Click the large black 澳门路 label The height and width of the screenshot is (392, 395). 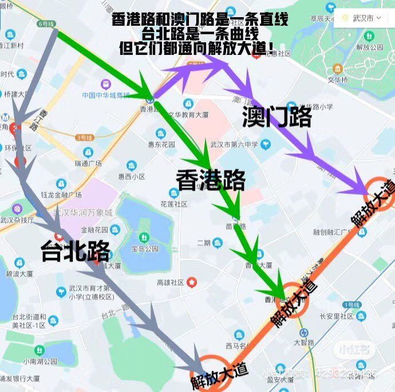276,117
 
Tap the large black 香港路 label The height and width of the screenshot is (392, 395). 211,180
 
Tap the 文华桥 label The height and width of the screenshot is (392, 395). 338,79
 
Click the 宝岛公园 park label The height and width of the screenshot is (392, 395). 145,249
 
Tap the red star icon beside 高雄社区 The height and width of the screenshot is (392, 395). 192,282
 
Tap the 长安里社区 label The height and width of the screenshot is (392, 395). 337,315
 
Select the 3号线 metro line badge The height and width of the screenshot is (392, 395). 85,137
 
